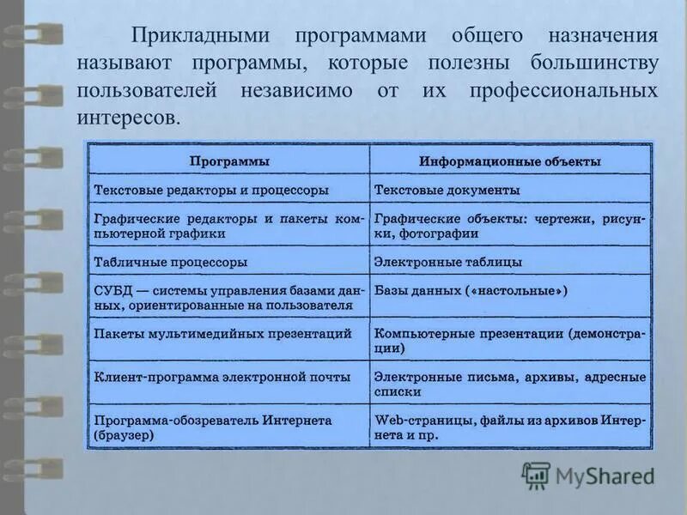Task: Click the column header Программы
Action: (229, 161)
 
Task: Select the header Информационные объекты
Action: (510, 161)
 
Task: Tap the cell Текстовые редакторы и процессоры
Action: (210, 190)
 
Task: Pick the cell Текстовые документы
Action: (447, 190)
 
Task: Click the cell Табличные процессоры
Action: (171, 262)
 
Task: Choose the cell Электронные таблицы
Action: (448, 262)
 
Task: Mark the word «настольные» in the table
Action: (515, 291)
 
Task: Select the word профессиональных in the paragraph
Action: (563, 90)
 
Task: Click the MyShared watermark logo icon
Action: (536, 475)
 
